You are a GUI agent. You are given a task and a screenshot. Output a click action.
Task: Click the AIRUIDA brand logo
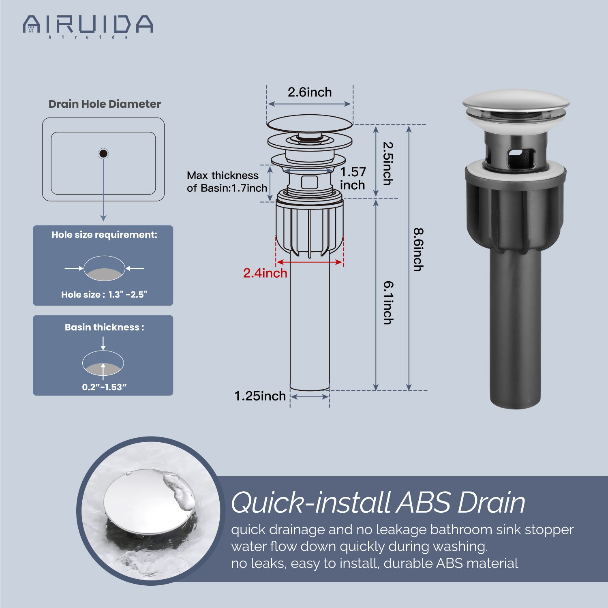point(88,26)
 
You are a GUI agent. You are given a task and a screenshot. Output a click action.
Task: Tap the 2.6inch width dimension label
point(310,92)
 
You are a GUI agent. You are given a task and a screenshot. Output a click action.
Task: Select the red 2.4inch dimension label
point(265,273)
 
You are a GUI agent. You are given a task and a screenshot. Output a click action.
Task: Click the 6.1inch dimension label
point(388,303)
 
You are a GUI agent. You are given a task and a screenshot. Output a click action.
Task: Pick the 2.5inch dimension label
point(388,163)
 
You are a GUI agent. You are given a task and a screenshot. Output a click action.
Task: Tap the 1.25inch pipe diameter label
point(260,396)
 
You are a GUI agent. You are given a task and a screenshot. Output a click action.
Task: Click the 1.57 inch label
point(353,178)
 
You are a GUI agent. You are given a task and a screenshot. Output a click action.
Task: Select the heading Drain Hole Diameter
point(105,104)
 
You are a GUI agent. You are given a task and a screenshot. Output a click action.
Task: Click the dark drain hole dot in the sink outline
point(103,154)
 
